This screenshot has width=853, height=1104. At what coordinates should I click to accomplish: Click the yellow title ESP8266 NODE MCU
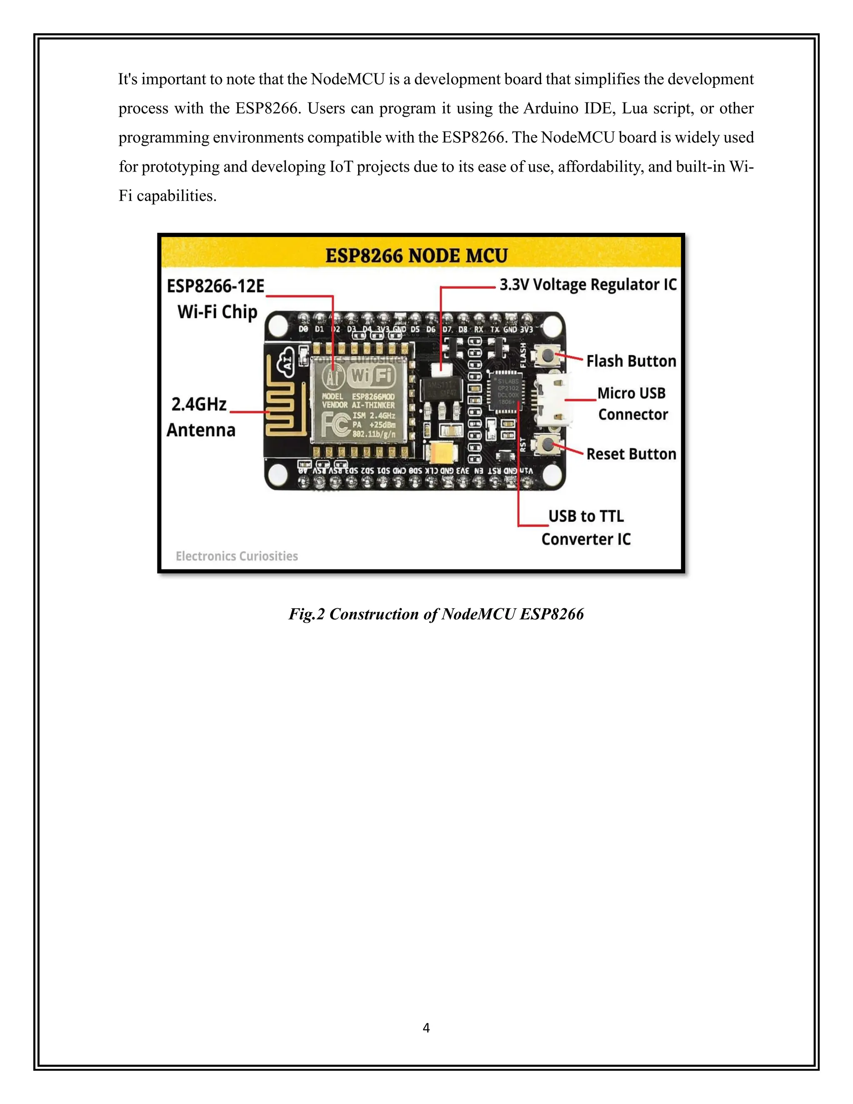416,255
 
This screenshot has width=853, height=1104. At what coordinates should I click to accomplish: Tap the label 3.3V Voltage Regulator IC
588,285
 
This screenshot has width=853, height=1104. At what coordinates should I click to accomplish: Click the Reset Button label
631,454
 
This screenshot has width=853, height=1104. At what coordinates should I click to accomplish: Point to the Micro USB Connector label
632,403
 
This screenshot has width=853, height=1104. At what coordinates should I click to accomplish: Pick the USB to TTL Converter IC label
586,527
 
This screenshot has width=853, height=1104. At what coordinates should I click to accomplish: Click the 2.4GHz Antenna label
201,417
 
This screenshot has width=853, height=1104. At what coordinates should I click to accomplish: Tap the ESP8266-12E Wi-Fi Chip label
216,299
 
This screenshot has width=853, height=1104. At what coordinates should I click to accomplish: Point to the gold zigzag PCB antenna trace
279,402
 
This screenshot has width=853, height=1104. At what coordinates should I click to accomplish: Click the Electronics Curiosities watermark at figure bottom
237,556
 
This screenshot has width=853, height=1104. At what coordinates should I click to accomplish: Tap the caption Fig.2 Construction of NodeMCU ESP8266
436,614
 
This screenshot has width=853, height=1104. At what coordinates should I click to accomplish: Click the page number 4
426,1028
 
